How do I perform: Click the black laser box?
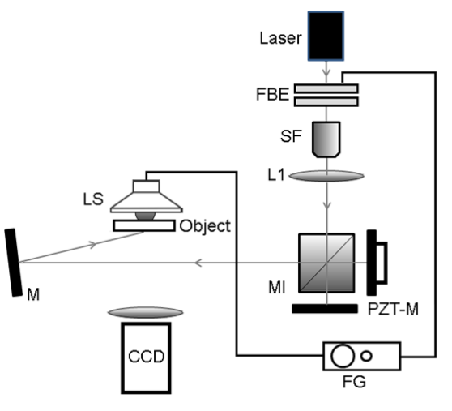(326, 36)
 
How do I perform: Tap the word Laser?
(280, 38)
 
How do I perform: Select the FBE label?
(272, 94)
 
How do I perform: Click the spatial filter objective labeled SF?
(326, 139)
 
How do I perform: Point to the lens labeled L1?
(326, 176)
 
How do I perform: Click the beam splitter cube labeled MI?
(326, 263)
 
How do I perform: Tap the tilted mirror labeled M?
(13, 263)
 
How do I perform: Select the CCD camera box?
(146, 358)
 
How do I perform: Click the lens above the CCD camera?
(146, 312)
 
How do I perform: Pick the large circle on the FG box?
(343, 356)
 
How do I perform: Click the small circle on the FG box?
(366, 356)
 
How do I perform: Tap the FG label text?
(354, 382)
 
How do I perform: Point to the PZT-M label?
(393, 309)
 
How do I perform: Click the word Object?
(205, 226)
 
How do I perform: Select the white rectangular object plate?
(144, 225)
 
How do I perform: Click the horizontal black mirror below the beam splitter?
(325, 309)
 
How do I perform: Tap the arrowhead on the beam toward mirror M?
(198, 263)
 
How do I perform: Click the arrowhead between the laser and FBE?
(326, 72)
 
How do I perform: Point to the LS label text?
(93, 199)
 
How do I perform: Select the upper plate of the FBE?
(326, 88)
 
